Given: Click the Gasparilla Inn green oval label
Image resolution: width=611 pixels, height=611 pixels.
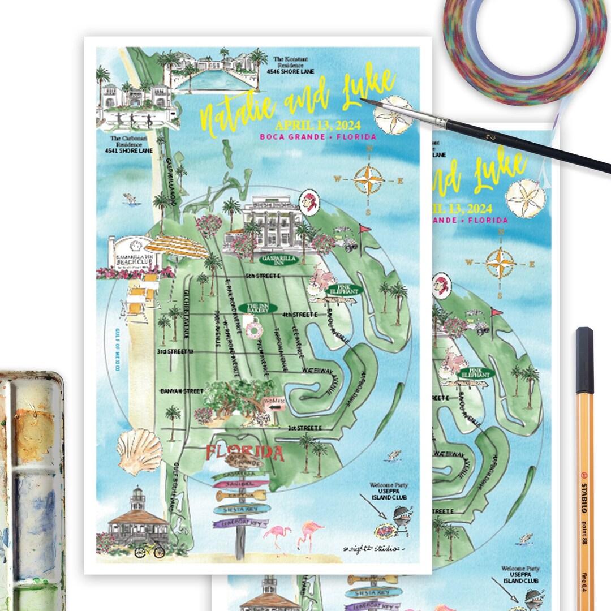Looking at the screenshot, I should (263, 259).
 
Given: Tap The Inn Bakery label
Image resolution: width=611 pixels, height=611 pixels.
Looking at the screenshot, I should (258, 308).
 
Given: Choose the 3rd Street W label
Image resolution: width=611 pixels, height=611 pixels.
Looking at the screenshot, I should (176, 352).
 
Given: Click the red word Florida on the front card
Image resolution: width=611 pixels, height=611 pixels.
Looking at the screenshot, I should (244, 453).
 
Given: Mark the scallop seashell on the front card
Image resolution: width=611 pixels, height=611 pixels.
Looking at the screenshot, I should (139, 451).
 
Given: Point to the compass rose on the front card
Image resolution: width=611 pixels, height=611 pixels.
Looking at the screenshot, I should (368, 180).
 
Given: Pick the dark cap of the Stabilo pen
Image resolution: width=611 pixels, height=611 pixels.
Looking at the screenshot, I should (585, 360).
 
